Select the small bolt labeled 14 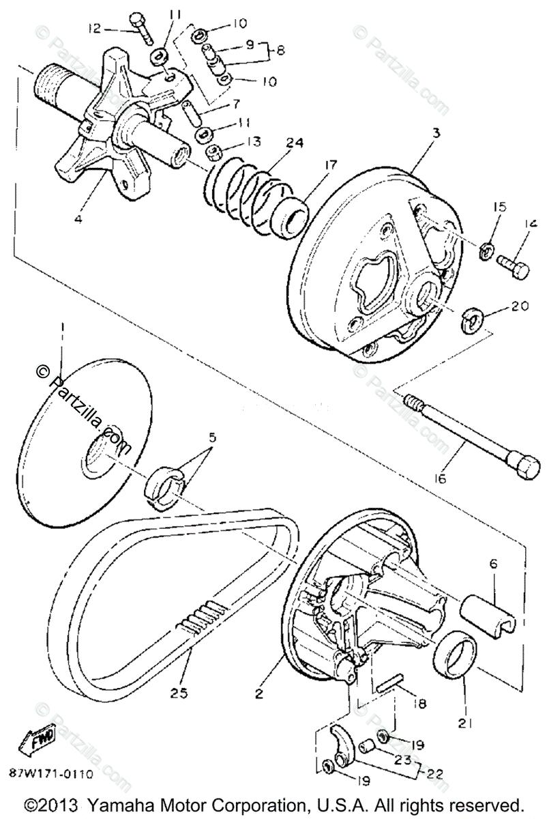pyautogui.click(x=513, y=261)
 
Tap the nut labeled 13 pyautogui.click(x=212, y=152)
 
